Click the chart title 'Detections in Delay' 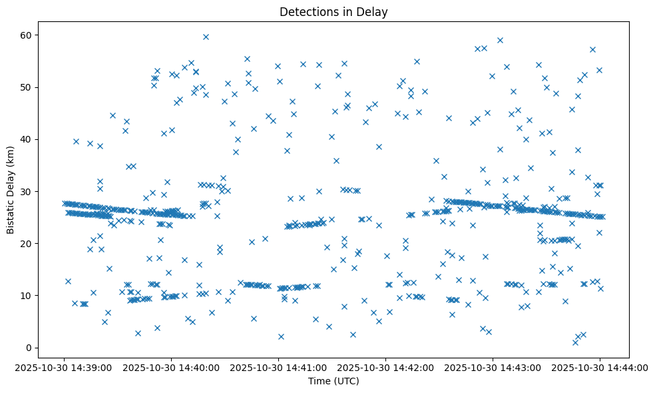pyautogui.click(x=333, y=12)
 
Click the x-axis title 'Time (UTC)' pyautogui.click(x=333, y=381)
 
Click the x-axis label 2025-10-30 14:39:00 pyautogui.click(x=64, y=367)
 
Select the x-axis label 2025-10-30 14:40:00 pyautogui.click(x=171, y=367)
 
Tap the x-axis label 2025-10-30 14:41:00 pyautogui.click(x=278, y=367)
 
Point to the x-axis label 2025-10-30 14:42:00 pyautogui.click(x=385, y=367)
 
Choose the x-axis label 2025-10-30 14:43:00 pyautogui.click(x=493, y=367)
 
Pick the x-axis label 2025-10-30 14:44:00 pyautogui.click(x=600, y=367)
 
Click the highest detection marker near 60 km pyautogui.click(x=206, y=37)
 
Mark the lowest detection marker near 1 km pyautogui.click(x=575, y=342)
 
